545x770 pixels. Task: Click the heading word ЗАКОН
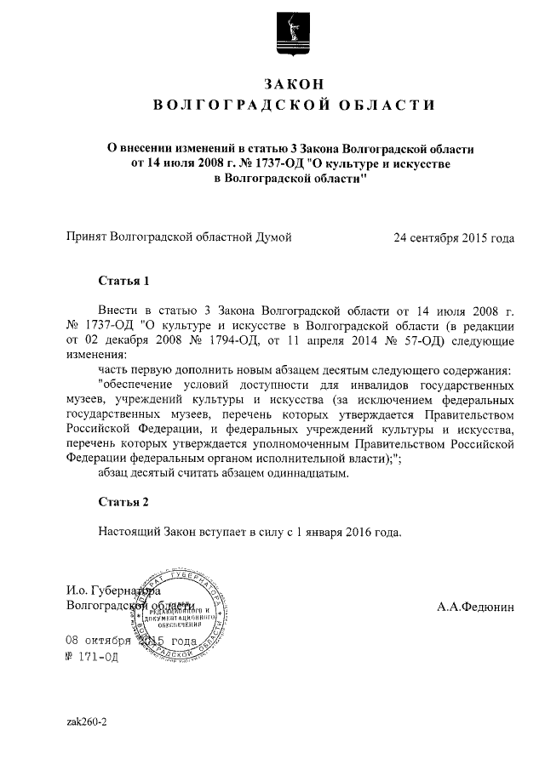pyautogui.click(x=294, y=83)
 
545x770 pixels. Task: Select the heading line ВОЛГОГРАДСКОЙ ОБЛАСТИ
pyautogui.click(x=294, y=106)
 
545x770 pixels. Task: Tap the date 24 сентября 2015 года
pyautogui.click(x=454, y=237)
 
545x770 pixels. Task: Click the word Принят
pyautogui.click(x=87, y=237)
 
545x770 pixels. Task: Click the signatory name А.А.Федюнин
pyautogui.click(x=476, y=607)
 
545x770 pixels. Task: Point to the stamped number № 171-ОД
pyautogui.click(x=92, y=656)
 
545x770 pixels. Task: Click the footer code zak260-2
pyautogui.click(x=86, y=722)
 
